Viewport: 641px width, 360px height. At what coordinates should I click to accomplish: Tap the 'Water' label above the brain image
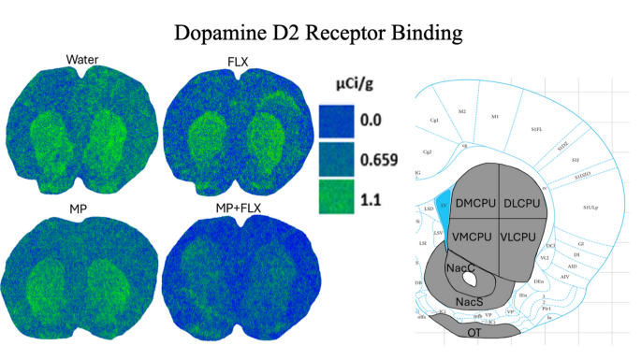point(83,60)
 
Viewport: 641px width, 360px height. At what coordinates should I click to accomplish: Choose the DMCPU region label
point(475,202)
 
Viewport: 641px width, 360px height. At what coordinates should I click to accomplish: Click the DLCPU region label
point(521,202)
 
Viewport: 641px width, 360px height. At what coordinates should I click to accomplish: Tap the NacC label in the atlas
point(459,269)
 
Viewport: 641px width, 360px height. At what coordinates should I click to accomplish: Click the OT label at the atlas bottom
point(473,330)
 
